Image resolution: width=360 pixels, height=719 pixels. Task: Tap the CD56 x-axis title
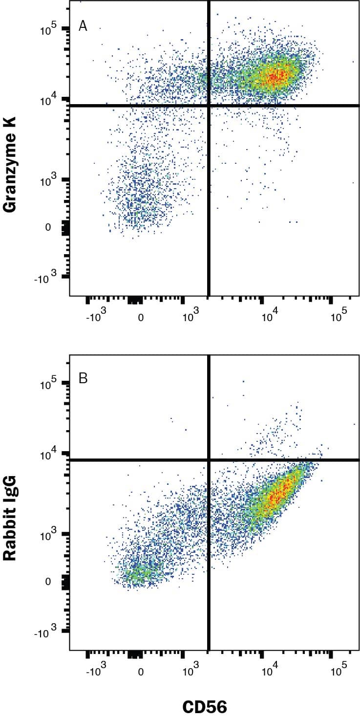205,706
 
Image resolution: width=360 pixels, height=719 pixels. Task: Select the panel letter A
83,26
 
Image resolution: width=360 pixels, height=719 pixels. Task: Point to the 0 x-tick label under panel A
141,317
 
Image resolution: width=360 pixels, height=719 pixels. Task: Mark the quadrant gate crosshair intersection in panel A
209,106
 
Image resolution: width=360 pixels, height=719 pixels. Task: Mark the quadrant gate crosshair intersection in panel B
209,459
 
